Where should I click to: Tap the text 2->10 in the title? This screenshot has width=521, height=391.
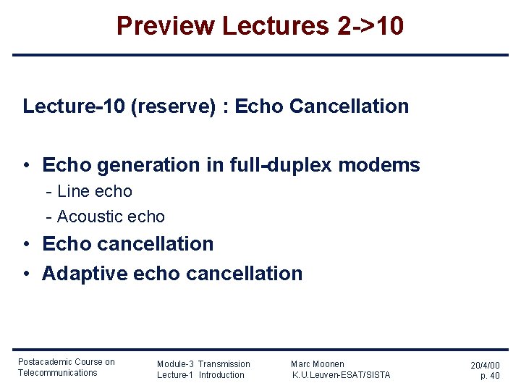(x=370, y=26)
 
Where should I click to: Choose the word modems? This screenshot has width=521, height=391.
(x=386, y=165)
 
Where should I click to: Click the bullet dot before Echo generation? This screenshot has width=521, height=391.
(x=26, y=166)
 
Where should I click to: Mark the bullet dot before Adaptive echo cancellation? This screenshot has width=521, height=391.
(x=26, y=274)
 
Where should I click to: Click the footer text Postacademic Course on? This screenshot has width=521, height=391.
(x=66, y=362)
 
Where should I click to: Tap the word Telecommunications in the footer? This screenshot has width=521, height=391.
(x=57, y=373)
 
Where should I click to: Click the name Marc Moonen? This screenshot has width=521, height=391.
(x=318, y=364)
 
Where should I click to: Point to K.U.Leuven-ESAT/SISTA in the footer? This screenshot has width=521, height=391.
(x=341, y=375)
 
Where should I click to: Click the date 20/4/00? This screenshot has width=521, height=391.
(x=485, y=366)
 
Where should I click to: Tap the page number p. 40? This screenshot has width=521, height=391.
(x=490, y=376)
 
